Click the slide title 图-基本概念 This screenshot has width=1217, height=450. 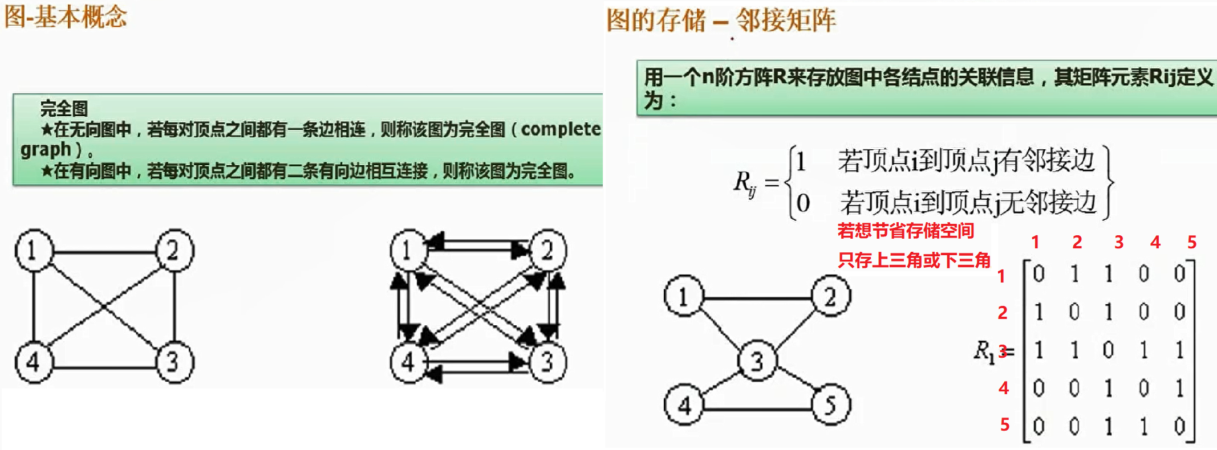click(x=65, y=17)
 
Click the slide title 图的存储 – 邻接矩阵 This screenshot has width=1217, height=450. click(x=721, y=21)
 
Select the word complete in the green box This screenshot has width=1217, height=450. click(x=561, y=129)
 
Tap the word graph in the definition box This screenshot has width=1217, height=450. click(x=46, y=150)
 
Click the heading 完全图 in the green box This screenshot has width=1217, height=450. click(x=64, y=108)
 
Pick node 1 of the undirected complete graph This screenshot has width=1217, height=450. click(x=34, y=250)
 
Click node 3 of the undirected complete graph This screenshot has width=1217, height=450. click(x=174, y=362)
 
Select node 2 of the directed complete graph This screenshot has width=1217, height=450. click(x=548, y=250)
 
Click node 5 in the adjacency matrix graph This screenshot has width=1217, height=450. click(x=830, y=405)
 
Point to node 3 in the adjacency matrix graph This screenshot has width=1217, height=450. click(x=757, y=361)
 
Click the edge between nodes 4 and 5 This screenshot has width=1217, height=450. click(x=757, y=409)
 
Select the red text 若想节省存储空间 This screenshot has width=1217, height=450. click(x=906, y=231)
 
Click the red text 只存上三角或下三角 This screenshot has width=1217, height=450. click(x=914, y=260)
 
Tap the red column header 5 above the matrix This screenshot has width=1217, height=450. click(x=1191, y=243)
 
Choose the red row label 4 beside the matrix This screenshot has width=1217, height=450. click(x=1004, y=388)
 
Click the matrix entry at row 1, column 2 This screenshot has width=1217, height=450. click(x=1074, y=274)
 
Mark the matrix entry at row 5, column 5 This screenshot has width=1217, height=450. click(x=1179, y=426)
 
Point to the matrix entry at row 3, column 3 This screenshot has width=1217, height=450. click(x=1108, y=350)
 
